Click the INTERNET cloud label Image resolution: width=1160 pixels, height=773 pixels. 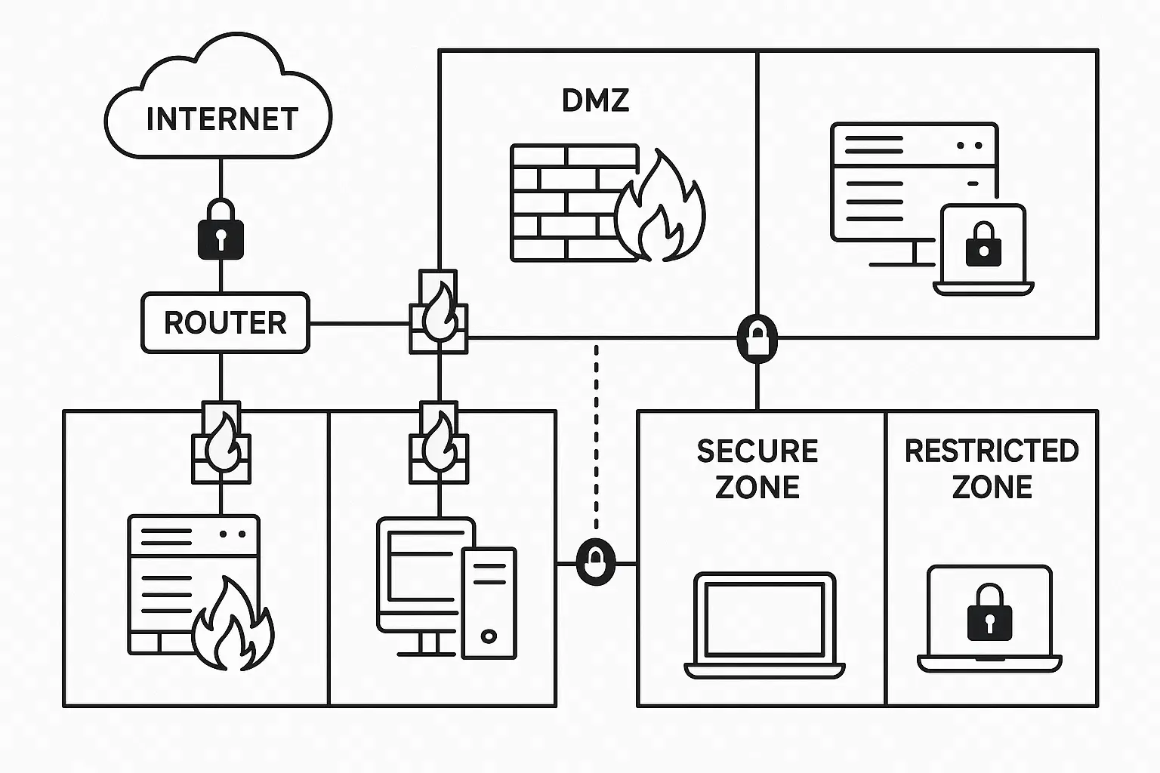(221, 119)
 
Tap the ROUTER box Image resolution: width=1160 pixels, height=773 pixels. (225, 323)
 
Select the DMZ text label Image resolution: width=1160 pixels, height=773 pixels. (595, 100)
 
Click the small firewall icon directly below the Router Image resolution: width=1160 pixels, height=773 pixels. (221, 443)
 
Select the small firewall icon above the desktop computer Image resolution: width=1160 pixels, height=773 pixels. (439, 443)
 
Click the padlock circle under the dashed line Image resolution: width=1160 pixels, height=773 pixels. (596, 562)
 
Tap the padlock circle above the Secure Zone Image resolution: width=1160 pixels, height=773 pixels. (757, 337)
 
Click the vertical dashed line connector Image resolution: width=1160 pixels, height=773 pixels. (596, 438)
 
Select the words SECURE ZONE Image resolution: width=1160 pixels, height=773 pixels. (757, 469)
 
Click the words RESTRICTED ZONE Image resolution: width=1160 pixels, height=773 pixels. (992, 469)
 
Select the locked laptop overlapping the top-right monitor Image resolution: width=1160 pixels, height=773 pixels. (983, 249)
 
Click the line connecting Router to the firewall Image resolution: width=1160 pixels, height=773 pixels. (359, 324)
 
